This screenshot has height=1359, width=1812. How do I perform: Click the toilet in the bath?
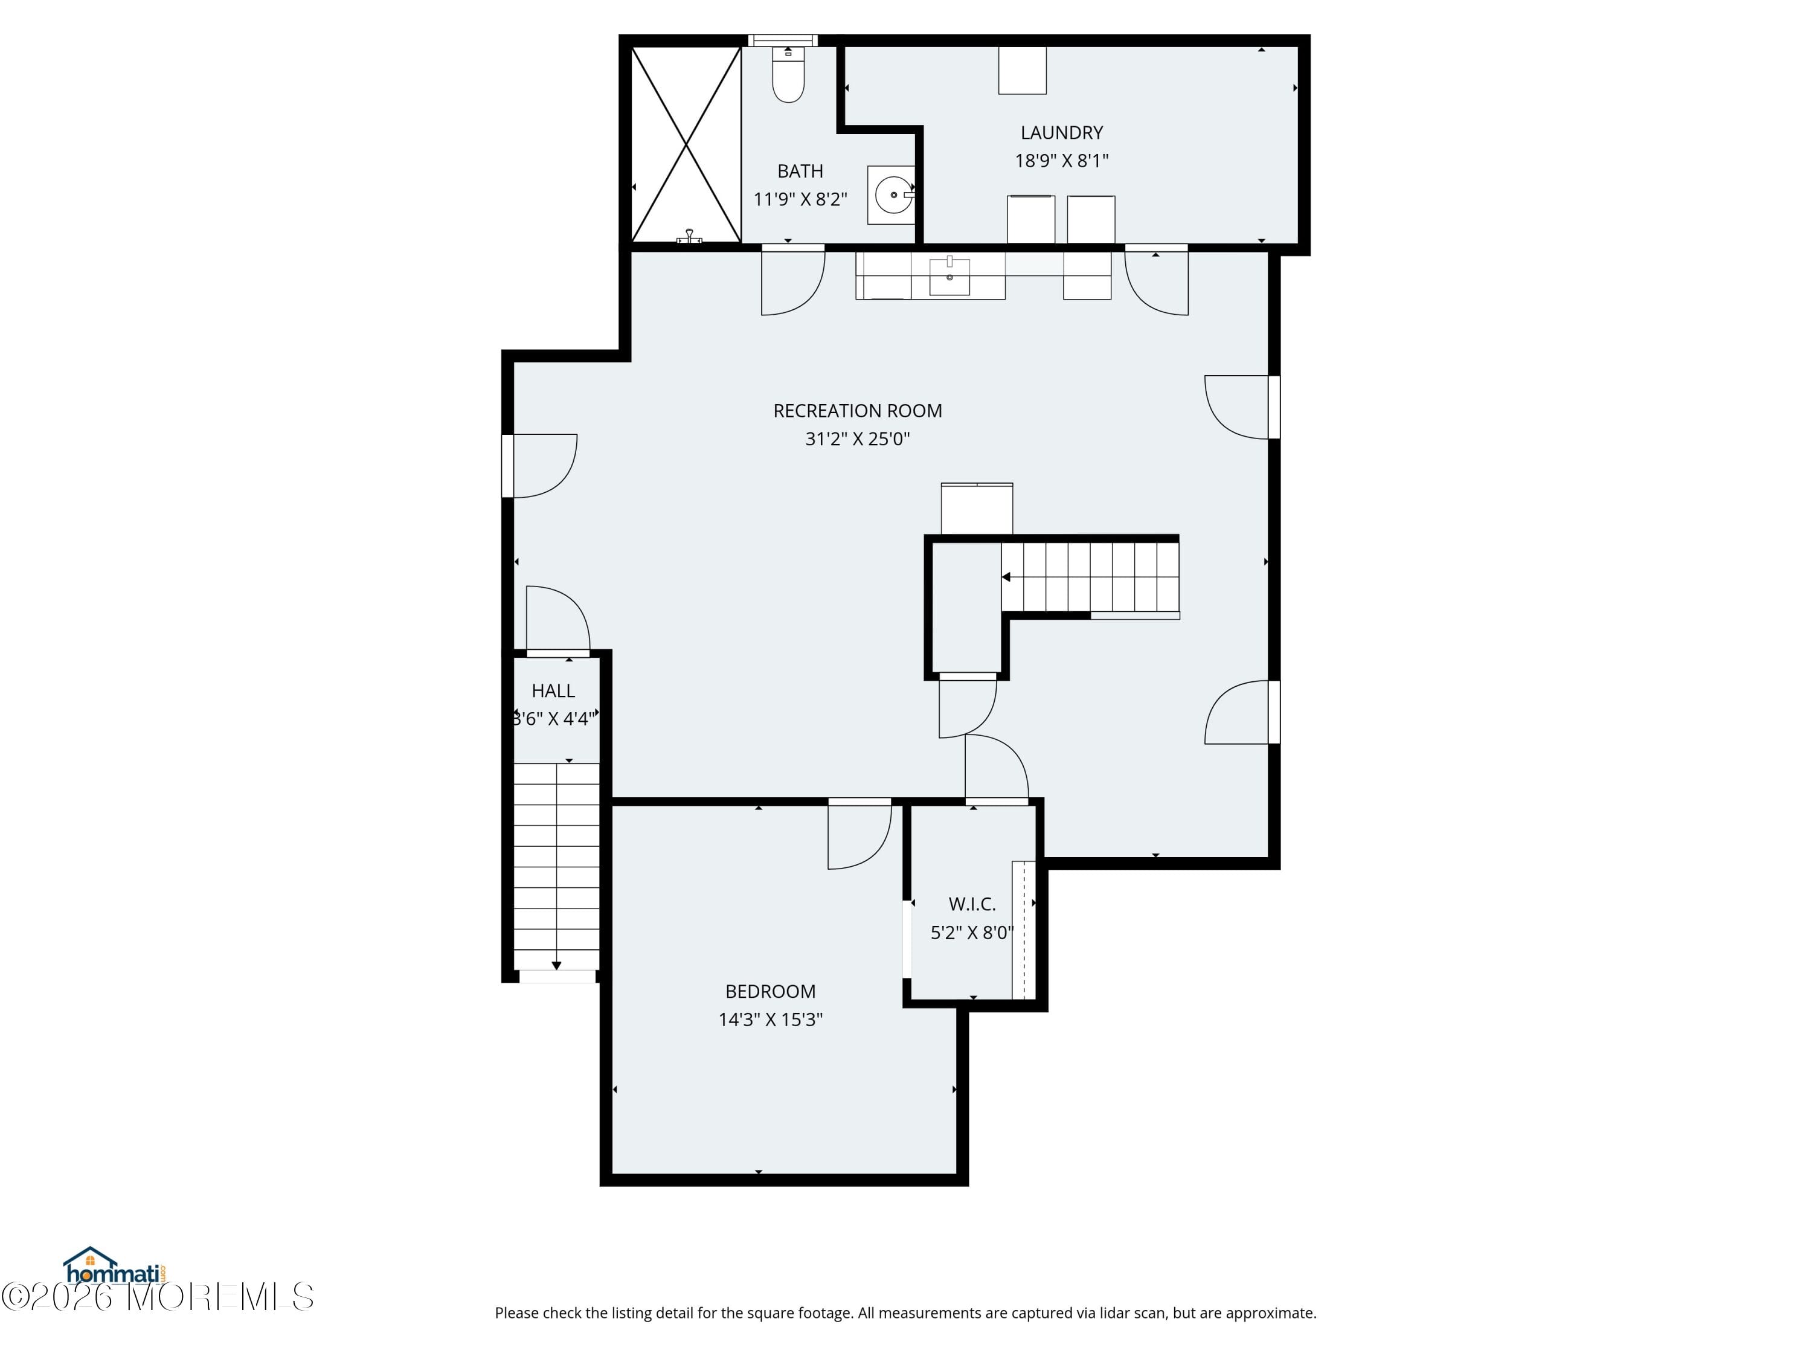coord(788,78)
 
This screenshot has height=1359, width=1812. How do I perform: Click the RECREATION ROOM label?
coord(857,410)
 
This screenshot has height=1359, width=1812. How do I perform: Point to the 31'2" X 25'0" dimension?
coord(857,439)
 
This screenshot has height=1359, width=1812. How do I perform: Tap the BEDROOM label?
coord(770,991)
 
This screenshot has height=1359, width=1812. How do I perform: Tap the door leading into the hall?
coord(557,621)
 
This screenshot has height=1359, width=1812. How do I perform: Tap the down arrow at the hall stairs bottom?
coord(556,966)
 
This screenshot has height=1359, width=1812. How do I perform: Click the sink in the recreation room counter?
coord(949,277)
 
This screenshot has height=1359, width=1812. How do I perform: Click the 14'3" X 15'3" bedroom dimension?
coord(770,1019)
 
